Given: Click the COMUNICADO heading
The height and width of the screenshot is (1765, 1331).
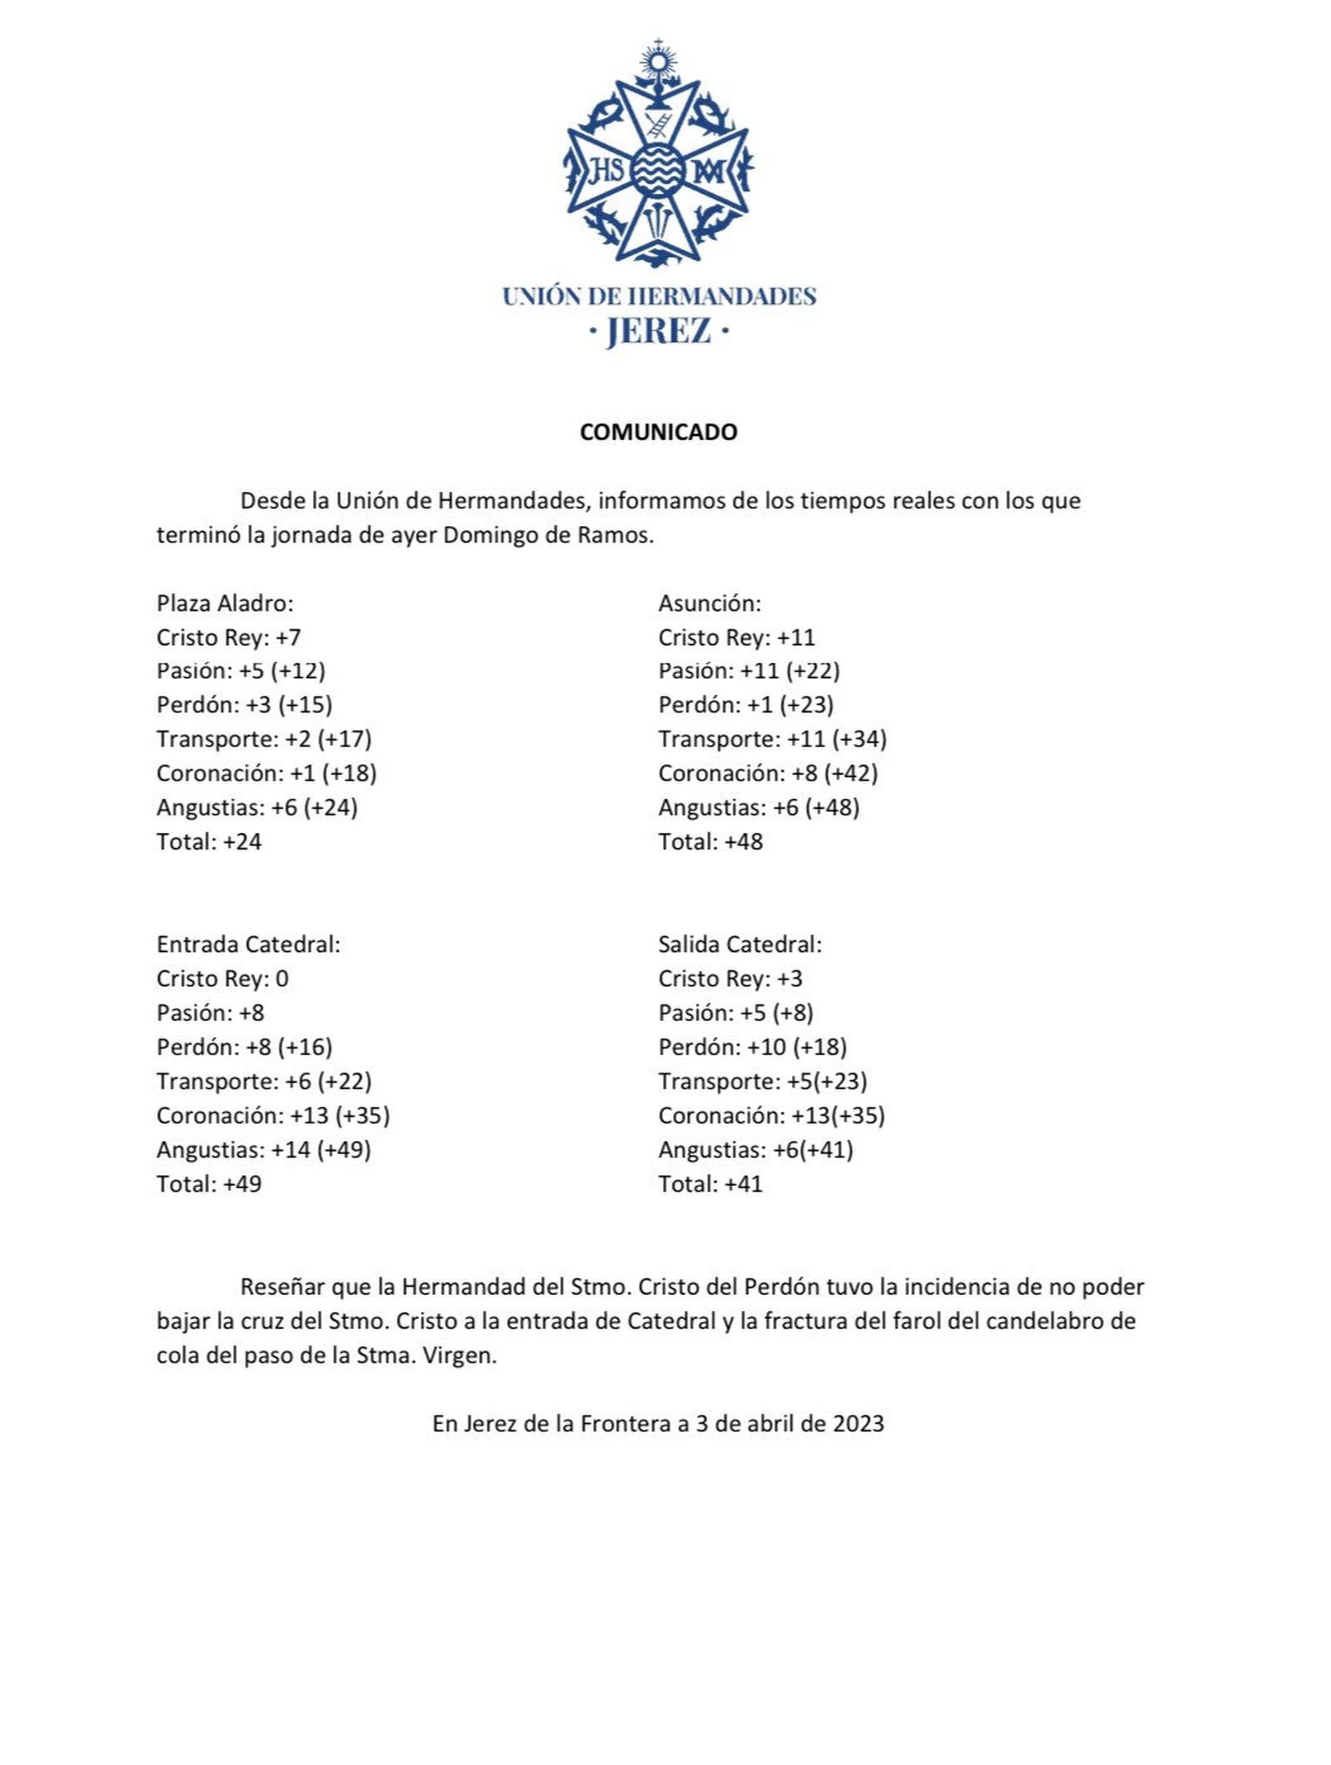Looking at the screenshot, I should pyautogui.click(x=658, y=432).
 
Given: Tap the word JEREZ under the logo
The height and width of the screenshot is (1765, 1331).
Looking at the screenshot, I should pyautogui.click(x=658, y=331).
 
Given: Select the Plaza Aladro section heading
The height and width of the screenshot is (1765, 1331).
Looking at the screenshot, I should pyautogui.click(x=225, y=602).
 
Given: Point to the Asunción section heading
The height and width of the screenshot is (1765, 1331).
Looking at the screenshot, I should pyautogui.click(x=709, y=602).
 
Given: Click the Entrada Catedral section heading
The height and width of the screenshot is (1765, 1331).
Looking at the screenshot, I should pyautogui.click(x=248, y=944).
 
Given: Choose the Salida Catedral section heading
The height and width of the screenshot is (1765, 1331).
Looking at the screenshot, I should pyautogui.click(x=740, y=944).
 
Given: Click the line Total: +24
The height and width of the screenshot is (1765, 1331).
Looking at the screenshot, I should pyautogui.click(x=209, y=841).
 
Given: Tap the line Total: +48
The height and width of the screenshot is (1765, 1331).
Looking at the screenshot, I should pyautogui.click(x=710, y=841).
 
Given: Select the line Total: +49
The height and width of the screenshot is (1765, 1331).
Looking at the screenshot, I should pyautogui.click(x=209, y=1183).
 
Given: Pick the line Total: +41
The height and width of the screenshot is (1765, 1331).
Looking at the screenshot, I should pyautogui.click(x=710, y=1183).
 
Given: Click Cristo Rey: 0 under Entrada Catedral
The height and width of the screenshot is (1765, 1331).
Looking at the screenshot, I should pyautogui.click(x=222, y=978).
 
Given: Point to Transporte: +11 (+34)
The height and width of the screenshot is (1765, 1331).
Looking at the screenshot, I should pyautogui.click(x=772, y=739).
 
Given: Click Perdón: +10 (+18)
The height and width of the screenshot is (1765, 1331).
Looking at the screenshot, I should pyautogui.click(x=752, y=1047).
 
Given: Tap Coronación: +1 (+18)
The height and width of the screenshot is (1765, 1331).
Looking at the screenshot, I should pyautogui.click(x=266, y=773).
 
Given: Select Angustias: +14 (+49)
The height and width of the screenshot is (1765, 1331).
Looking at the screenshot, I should pyautogui.click(x=263, y=1149).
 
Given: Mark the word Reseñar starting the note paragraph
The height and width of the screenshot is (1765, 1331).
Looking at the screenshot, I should pyautogui.click(x=282, y=1287).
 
